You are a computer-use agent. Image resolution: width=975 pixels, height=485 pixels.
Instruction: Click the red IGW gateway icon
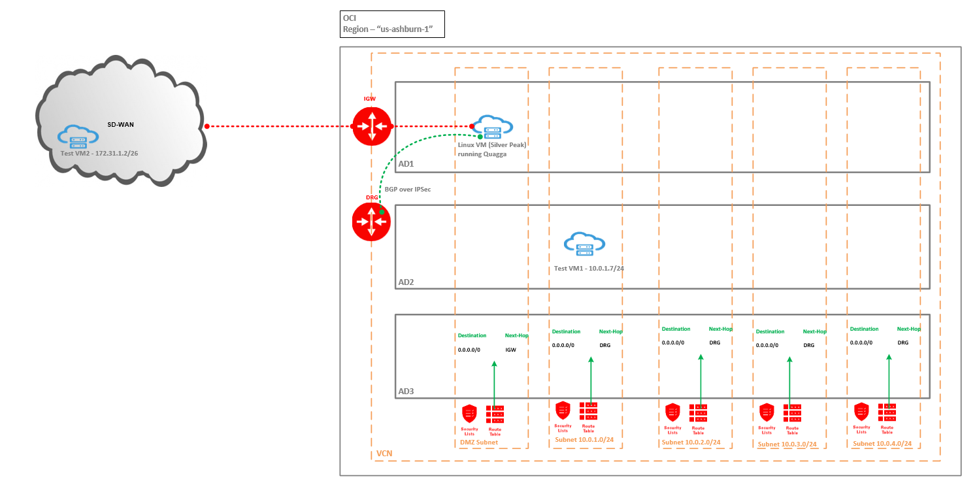click(x=372, y=126)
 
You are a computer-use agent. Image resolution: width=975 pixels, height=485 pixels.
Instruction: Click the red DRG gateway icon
click(x=371, y=221)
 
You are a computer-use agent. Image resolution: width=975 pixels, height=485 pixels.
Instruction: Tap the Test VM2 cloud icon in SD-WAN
click(x=78, y=136)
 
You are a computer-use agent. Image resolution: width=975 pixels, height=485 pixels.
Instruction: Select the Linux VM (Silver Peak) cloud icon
click(x=493, y=126)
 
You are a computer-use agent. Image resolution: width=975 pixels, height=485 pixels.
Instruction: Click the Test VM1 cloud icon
click(x=585, y=243)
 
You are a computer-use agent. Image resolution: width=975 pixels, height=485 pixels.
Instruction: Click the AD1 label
click(x=406, y=163)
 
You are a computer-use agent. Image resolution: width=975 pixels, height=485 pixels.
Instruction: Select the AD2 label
click(x=406, y=282)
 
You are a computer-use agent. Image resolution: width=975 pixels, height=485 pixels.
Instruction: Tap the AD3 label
click(x=406, y=392)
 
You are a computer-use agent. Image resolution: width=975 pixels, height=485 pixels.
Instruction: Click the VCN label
click(x=385, y=454)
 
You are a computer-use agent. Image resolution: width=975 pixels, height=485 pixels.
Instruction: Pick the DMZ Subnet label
click(x=479, y=443)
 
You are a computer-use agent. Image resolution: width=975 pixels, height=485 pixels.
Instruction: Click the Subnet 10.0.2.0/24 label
click(x=691, y=443)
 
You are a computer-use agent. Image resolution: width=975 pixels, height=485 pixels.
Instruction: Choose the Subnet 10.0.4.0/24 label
click(x=882, y=444)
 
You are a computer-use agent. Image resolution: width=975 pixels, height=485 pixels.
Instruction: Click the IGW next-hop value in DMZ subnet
click(x=510, y=350)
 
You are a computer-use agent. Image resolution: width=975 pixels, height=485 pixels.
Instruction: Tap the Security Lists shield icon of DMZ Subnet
click(x=469, y=414)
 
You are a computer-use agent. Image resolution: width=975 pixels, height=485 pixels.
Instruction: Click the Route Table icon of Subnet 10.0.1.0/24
click(x=588, y=411)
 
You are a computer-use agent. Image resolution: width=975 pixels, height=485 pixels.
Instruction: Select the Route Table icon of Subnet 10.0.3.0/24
click(x=792, y=413)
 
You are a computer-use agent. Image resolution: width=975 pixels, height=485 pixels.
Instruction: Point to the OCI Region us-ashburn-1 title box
click(x=392, y=23)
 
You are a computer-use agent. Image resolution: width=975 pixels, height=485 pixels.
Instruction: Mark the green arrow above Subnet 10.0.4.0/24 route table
click(x=889, y=379)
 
